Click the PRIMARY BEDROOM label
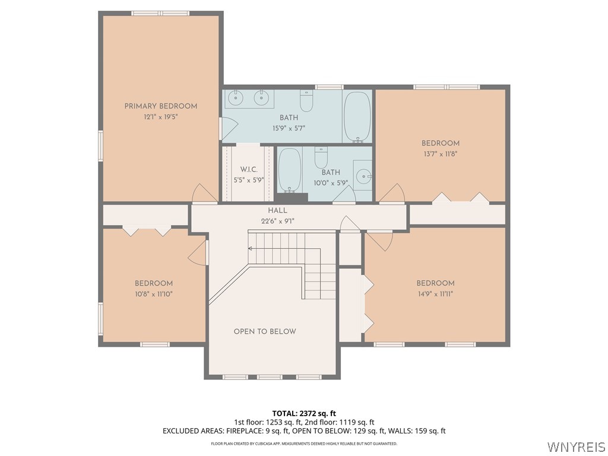(160, 106)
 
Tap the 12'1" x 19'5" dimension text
(160, 117)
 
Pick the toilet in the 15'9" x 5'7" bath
(306, 102)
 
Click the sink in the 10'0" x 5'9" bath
(363, 175)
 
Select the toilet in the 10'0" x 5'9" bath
(321, 159)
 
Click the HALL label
(277, 211)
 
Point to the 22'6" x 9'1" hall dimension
(277, 221)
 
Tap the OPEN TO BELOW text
(265, 331)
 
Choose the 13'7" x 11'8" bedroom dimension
(441, 153)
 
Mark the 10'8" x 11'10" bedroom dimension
(153, 293)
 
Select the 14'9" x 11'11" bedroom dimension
(435, 293)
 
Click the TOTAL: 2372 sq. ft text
(304, 413)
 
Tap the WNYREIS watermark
(576, 446)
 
